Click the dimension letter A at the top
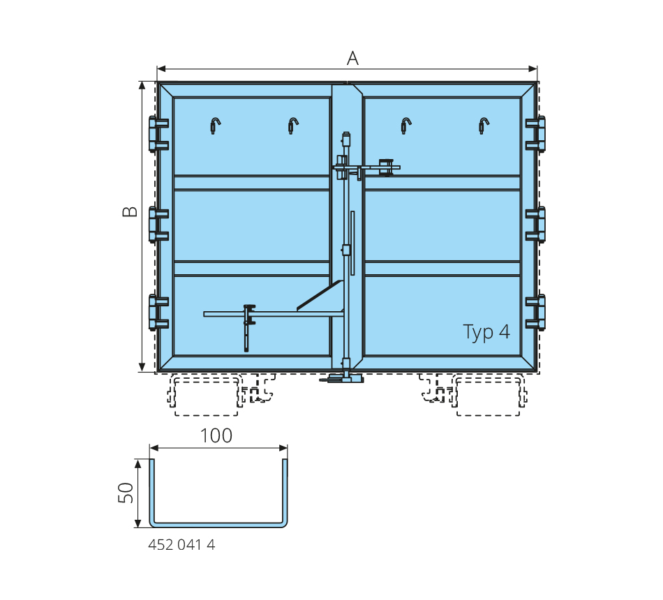click(352, 59)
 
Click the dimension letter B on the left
click(130, 211)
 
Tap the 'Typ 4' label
click(486, 332)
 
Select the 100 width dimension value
click(216, 436)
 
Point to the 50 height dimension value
click(126, 493)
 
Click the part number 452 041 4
click(181, 545)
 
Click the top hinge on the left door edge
click(158, 134)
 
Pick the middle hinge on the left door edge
click(158, 225)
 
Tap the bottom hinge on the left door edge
click(158, 313)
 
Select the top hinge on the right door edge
click(535, 134)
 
